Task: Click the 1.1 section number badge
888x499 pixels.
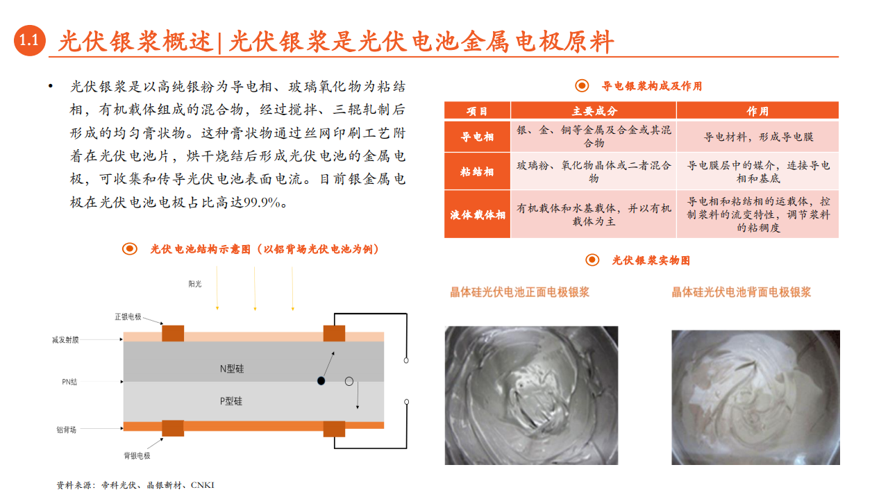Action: click(x=30, y=41)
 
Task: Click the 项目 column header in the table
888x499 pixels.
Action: click(x=477, y=111)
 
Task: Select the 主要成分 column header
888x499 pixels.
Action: click(x=594, y=111)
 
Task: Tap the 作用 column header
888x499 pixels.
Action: click(x=757, y=111)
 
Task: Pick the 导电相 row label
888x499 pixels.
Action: click(x=477, y=137)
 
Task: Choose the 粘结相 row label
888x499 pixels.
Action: click(x=477, y=171)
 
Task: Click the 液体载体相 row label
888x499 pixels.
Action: click(x=477, y=214)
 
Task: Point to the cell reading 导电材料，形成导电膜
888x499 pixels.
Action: click(x=757, y=137)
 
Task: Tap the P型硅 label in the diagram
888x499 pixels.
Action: click(x=231, y=401)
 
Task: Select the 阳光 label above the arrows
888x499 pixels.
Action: click(x=194, y=284)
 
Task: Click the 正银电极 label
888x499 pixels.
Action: click(x=128, y=316)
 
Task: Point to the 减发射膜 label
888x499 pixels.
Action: click(x=65, y=340)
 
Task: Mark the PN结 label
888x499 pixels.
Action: click(x=69, y=381)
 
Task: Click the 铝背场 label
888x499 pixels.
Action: click(x=67, y=430)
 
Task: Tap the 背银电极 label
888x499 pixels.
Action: click(x=137, y=456)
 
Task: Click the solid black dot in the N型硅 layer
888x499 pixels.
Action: click(x=321, y=381)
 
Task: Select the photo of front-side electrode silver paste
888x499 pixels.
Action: click(x=531, y=395)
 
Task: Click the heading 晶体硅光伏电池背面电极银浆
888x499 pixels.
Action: click(x=741, y=292)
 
